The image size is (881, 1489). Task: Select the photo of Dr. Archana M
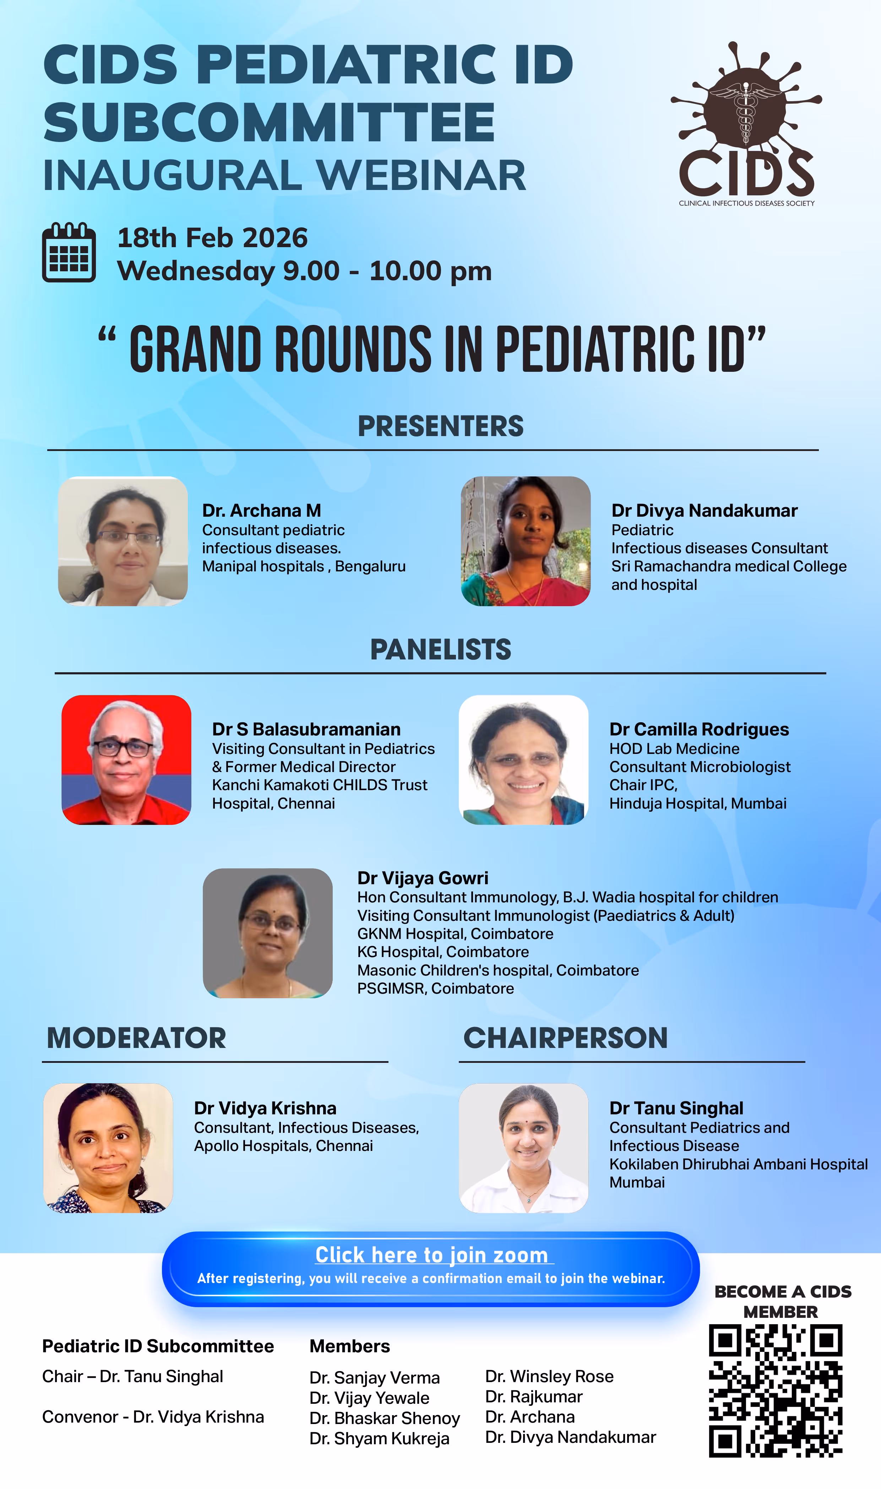(x=123, y=541)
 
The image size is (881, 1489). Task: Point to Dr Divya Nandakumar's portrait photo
(x=526, y=541)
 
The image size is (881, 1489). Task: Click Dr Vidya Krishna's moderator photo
(x=108, y=1148)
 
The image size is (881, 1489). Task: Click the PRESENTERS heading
(x=440, y=426)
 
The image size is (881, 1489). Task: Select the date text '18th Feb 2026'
(x=213, y=238)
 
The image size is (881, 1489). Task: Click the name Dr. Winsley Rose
(x=549, y=1376)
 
